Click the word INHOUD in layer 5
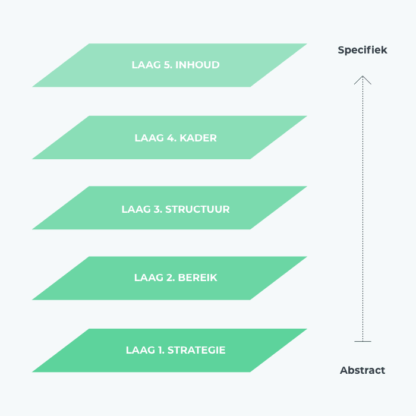(x=197, y=65)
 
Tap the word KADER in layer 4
(x=198, y=138)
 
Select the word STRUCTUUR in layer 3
(x=197, y=209)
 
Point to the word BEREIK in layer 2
(x=198, y=278)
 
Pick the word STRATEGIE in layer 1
(x=197, y=350)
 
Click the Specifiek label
(x=363, y=51)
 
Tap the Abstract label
(x=363, y=370)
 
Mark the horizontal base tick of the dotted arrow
(x=363, y=342)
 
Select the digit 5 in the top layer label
(x=167, y=65)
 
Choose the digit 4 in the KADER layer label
(x=170, y=138)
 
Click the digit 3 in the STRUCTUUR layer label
(x=157, y=209)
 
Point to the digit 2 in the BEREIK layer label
(x=169, y=278)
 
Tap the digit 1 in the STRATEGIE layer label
(x=160, y=350)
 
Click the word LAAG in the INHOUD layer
(x=146, y=65)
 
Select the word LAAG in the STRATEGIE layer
(x=140, y=350)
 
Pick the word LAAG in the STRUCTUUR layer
(x=136, y=209)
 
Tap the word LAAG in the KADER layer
(x=149, y=138)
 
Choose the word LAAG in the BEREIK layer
(x=149, y=278)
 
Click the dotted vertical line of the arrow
(x=363, y=209)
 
